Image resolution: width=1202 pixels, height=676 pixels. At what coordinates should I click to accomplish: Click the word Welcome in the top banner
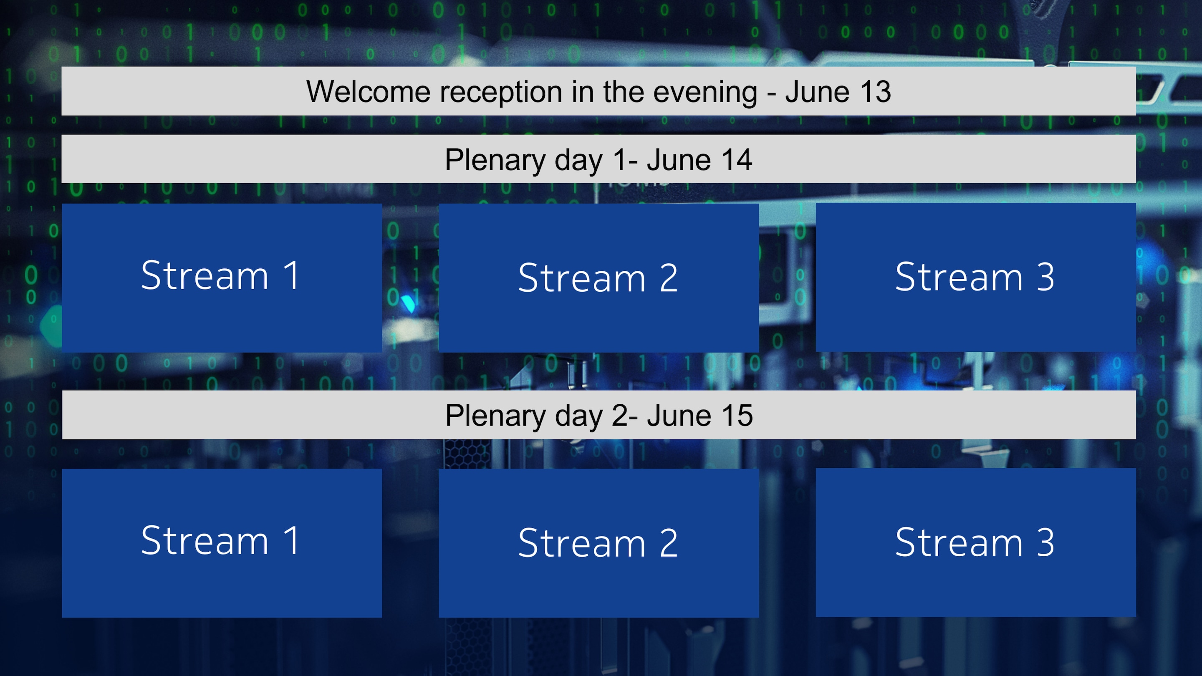(x=368, y=91)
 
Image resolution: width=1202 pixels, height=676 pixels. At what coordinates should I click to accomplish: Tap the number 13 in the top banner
(x=875, y=91)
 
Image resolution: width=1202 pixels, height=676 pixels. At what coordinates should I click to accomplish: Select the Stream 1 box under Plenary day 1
(x=222, y=277)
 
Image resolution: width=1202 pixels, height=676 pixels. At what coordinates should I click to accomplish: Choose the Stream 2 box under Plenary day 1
(x=598, y=277)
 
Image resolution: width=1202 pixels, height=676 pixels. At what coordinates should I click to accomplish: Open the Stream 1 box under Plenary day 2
(x=222, y=543)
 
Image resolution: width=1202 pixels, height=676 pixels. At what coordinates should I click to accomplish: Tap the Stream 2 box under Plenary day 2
(x=598, y=543)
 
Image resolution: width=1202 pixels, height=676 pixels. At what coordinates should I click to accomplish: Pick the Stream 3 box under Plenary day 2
(x=976, y=542)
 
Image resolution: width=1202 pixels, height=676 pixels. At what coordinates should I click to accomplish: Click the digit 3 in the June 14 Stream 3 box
(x=1045, y=277)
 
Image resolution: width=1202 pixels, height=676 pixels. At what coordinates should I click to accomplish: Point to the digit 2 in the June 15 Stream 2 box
(x=668, y=543)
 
